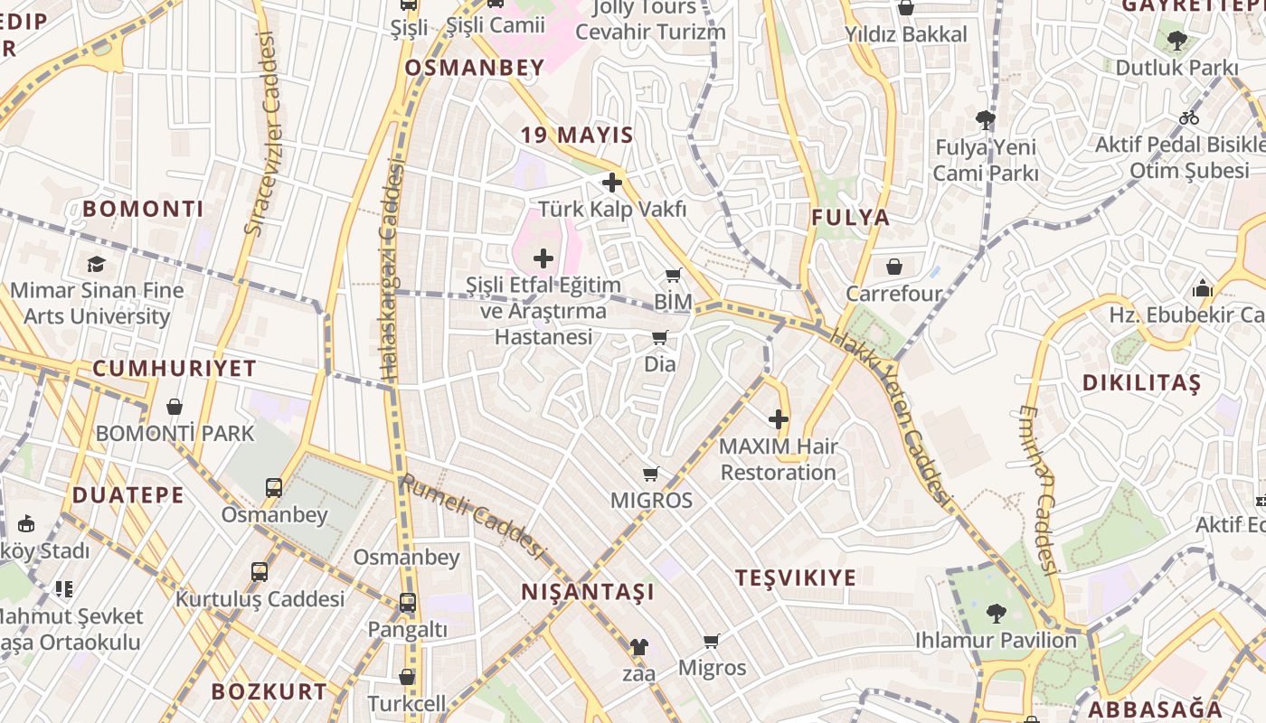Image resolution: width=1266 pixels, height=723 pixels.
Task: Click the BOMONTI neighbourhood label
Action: point(143,209)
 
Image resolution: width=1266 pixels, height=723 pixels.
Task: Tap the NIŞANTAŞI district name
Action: point(588,592)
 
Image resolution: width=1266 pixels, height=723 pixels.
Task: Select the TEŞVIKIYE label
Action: point(795,577)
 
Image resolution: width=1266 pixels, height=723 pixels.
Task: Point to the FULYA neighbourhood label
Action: point(850,217)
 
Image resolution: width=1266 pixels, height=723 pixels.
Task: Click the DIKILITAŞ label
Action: point(1141,383)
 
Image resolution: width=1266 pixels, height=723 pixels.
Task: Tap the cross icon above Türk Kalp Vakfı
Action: point(612,183)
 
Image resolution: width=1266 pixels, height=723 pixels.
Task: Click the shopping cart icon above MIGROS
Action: point(650,474)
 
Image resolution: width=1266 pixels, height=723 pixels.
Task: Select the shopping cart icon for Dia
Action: point(660,338)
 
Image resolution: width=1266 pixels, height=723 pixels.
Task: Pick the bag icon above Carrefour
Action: point(893,267)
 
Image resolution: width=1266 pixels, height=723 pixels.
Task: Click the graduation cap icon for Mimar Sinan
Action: point(96,264)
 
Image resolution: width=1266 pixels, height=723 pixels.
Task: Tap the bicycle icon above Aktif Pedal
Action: point(1188,117)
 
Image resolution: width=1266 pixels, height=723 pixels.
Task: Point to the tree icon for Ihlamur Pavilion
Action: point(996,614)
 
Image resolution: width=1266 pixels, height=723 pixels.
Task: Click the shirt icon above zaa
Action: point(638,647)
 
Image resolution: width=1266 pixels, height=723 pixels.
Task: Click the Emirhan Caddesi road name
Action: point(1037,489)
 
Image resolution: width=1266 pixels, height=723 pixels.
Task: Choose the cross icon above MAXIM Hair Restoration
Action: point(778,419)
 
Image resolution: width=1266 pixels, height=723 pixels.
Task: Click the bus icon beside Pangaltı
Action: point(408,602)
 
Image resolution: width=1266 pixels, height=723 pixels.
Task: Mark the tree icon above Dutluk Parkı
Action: point(1176,40)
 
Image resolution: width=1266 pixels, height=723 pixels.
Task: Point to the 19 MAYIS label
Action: point(577,136)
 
